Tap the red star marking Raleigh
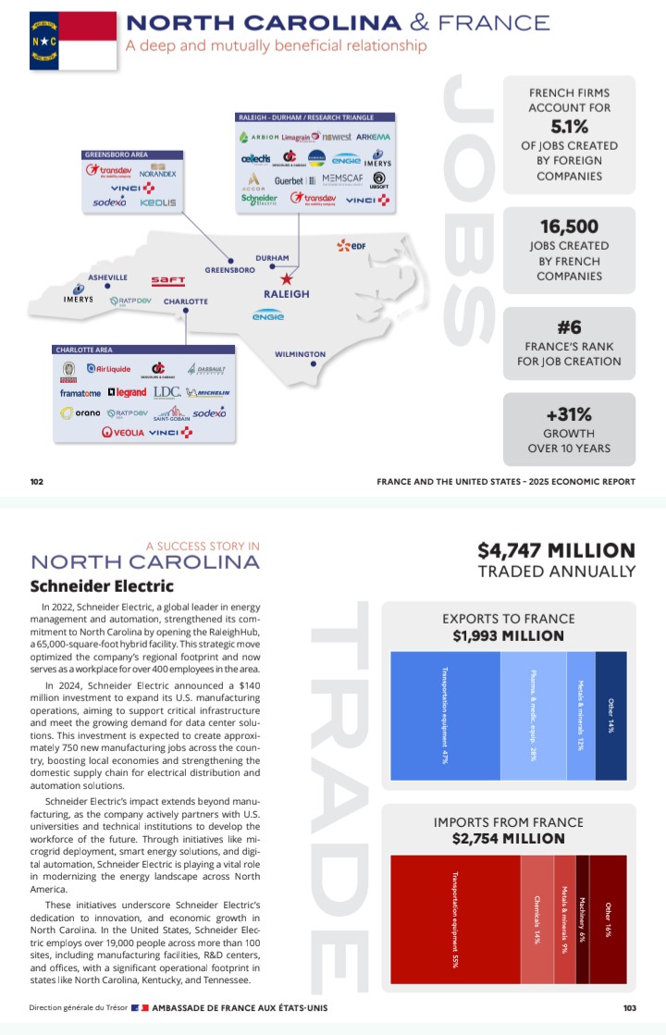pos(287,277)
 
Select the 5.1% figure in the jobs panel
pos(569,127)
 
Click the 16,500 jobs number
pos(569,227)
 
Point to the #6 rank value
pos(569,327)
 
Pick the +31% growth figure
pos(569,414)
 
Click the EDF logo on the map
pos(351,245)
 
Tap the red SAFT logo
pos(168,280)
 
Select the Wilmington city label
pos(300,354)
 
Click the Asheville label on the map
pos(108,277)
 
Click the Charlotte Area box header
pos(84,351)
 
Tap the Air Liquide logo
pos(108,369)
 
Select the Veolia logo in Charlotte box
pos(123,433)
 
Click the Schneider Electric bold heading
pos(102,585)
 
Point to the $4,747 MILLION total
pos(556,550)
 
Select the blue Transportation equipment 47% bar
pos(445,715)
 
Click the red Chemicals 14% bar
pos(536,918)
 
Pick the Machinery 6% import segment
pos(582,918)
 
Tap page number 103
pos(630,1008)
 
